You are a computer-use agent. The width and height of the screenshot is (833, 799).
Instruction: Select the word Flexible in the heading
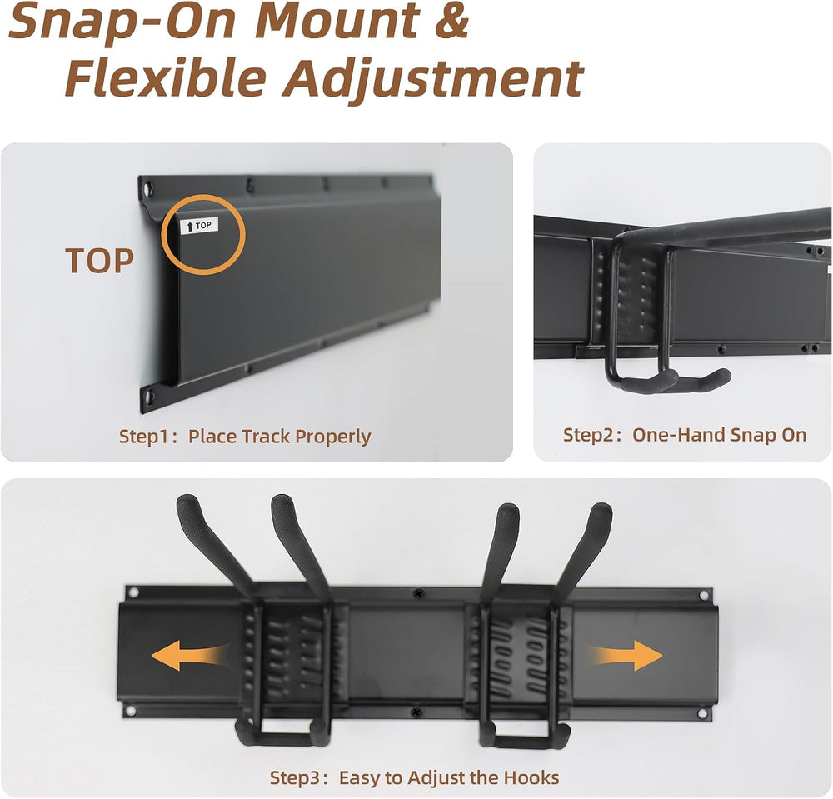coord(165,77)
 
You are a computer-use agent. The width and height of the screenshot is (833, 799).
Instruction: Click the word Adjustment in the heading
coord(433,80)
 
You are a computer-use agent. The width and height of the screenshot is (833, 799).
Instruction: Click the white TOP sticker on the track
coord(199,226)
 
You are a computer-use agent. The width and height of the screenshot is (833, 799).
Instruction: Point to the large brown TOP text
coord(99,261)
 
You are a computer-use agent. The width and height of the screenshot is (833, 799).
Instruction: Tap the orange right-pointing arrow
coord(624,656)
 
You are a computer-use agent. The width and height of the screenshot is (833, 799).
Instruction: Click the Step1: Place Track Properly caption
coord(245,437)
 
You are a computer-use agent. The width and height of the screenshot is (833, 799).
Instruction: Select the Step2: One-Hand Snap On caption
coord(685,435)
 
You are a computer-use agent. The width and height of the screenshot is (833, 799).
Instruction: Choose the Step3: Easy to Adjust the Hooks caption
coord(414,777)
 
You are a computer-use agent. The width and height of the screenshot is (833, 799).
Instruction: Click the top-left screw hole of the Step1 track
coord(147,187)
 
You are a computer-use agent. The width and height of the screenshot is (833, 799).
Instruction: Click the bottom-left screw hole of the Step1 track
coord(149,396)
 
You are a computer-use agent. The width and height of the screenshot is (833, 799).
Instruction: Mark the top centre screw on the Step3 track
coord(419,592)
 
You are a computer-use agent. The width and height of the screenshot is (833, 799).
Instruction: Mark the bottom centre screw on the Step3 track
coord(418,710)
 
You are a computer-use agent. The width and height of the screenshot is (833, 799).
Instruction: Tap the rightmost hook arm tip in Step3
coord(601,509)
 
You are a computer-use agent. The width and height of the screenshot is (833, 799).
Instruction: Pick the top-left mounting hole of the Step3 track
coord(133,592)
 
